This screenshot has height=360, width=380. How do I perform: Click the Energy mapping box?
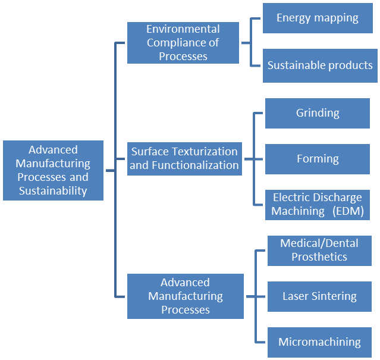[318, 18]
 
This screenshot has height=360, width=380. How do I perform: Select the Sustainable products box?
[319, 65]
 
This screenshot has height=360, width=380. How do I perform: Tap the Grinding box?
[318, 112]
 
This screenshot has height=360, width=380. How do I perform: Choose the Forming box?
[318, 159]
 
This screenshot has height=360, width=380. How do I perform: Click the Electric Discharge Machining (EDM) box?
[318, 204]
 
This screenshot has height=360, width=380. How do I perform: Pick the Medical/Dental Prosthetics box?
[319, 250]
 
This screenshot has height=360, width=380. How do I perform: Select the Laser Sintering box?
[319, 296]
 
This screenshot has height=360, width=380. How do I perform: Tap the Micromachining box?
[319, 342]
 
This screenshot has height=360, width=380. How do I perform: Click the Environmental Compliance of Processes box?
[183, 43]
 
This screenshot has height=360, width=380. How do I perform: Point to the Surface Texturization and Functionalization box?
[184, 159]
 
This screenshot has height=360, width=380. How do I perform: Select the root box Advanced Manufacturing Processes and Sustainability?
[53, 170]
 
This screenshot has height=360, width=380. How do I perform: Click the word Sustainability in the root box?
[53, 191]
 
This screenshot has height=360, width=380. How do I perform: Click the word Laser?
[296, 296]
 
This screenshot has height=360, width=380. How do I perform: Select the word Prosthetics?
[319, 257]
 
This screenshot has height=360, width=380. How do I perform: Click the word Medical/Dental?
[319, 243]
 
